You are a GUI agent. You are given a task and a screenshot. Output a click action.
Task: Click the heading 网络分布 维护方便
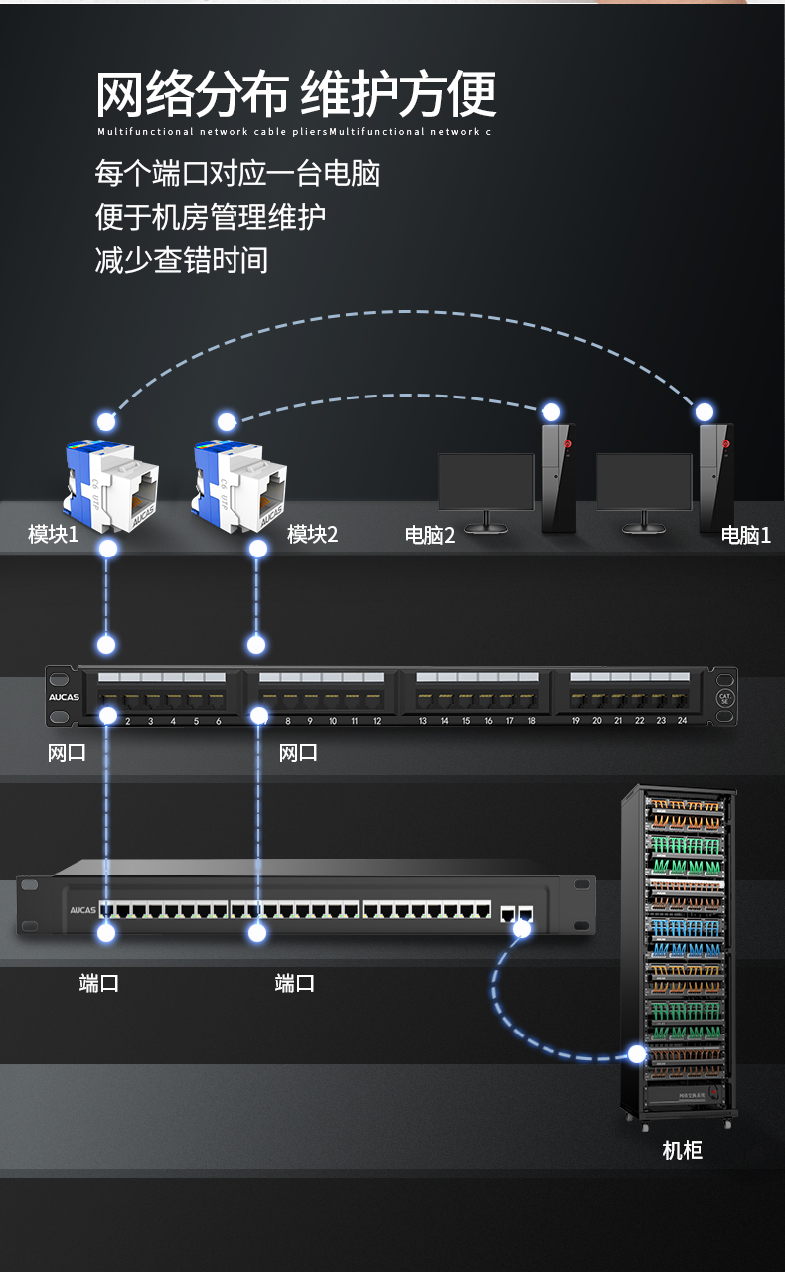295,95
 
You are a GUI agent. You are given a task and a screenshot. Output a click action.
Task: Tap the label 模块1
53,535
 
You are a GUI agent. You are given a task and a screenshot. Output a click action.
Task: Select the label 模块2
312,535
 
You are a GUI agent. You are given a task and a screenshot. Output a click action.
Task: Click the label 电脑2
429,536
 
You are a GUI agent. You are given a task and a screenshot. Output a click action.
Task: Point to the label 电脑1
745,536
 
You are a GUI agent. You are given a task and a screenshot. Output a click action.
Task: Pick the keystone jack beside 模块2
238,483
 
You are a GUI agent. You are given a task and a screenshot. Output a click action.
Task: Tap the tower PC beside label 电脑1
715,477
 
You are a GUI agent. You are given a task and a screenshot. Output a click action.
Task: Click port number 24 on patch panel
683,720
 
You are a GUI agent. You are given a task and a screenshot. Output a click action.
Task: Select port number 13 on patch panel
423,720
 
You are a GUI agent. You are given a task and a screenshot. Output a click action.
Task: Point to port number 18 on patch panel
531,720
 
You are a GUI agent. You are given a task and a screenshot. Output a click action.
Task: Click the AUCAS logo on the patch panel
64,697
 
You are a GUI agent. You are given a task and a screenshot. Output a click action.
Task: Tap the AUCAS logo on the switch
82,909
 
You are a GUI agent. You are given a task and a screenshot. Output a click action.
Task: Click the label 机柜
682,1151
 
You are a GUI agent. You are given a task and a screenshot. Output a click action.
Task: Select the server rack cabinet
680,954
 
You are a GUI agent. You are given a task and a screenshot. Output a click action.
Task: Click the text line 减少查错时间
182,260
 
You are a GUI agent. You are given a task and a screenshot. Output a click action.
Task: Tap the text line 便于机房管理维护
211,217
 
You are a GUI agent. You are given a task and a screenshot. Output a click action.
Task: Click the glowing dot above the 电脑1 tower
705,411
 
